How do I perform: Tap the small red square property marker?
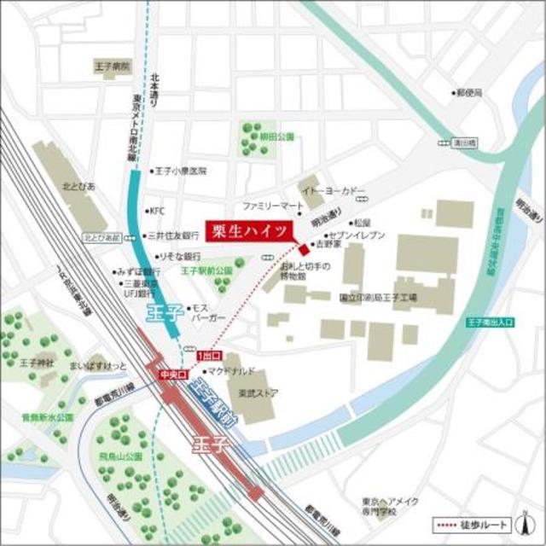coord(303,248)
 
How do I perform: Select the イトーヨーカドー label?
coord(335,191)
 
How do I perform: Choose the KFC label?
coord(157,210)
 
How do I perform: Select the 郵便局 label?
coord(470,91)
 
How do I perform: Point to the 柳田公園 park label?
coord(277,136)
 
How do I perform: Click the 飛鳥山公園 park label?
coord(123,457)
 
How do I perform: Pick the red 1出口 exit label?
coord(208,355)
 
